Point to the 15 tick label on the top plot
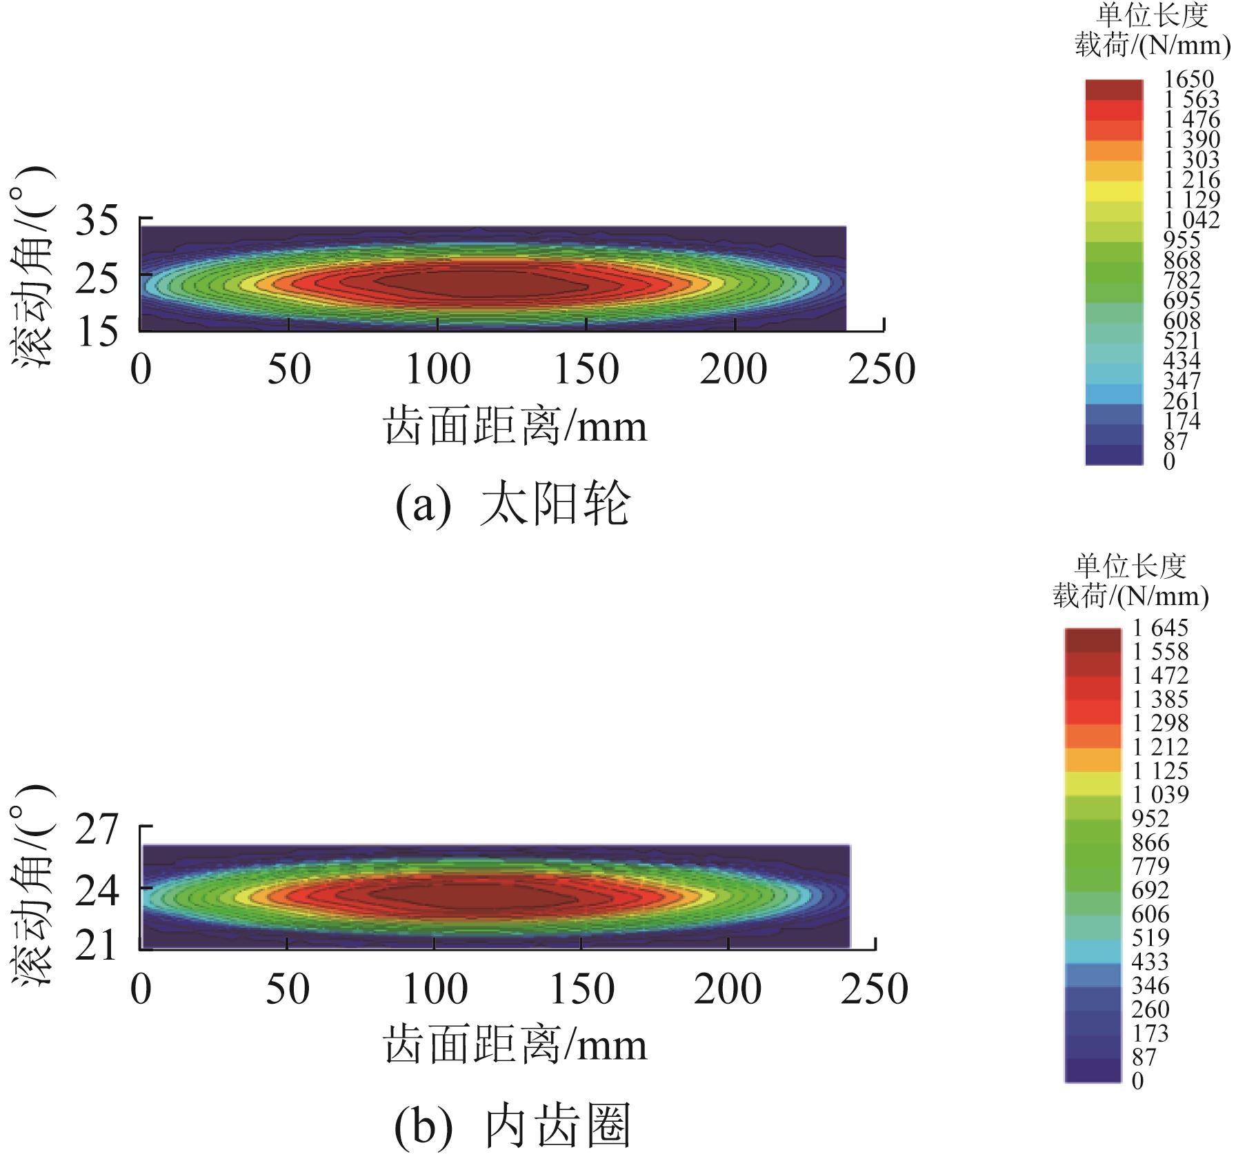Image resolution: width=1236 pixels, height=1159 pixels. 97,333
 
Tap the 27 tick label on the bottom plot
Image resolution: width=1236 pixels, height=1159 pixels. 97,831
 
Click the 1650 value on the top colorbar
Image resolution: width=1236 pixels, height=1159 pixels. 1188,79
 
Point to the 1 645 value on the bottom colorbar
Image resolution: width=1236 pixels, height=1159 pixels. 1160,628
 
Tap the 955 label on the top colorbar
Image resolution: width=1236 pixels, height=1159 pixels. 1182,240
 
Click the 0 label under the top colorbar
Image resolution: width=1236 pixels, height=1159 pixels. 1169,462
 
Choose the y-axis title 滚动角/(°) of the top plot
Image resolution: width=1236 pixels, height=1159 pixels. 33,266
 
